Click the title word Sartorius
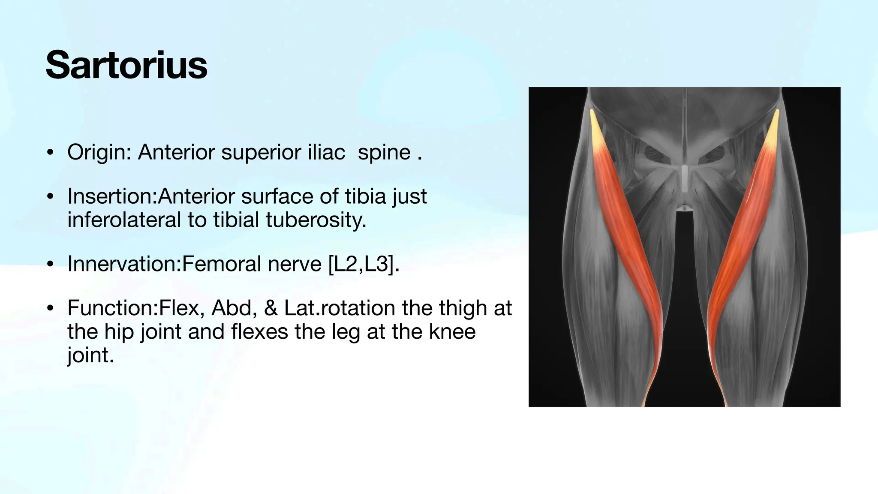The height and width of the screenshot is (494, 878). coord(126,65)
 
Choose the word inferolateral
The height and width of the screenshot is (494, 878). coord(124,220)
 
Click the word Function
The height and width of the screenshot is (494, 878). coord(112,308)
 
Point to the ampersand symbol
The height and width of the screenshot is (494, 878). coord(271,308)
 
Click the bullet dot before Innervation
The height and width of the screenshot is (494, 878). coord(51,264)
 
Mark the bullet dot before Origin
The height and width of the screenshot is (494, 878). coord(51,153)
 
